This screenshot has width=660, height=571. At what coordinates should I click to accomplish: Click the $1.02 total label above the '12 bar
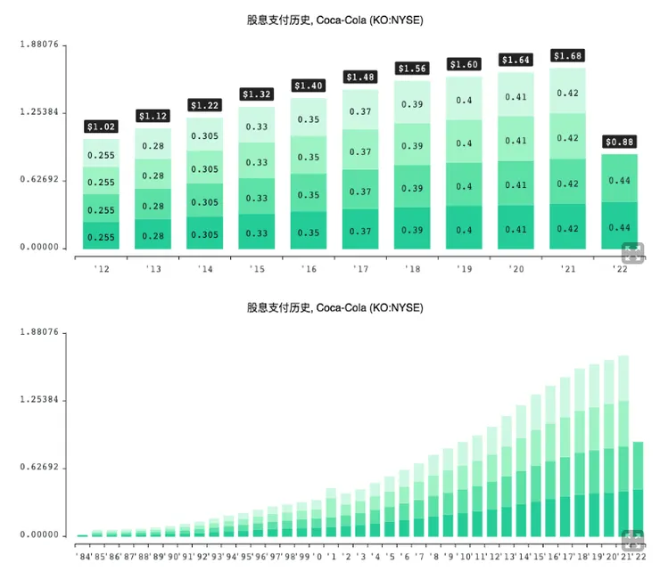click(101, 126)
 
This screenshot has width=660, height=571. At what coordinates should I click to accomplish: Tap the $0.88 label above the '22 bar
click(620, 142)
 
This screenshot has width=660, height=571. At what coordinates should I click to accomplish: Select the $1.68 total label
click(568, 55)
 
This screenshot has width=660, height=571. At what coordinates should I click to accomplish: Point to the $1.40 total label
click(309, 86)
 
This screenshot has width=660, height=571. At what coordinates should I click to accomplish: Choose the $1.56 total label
click(412, 68)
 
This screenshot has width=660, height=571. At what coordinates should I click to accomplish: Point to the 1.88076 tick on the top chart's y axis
click(38, 44)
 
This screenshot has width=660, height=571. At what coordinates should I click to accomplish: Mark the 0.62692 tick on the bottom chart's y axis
click(38, 468)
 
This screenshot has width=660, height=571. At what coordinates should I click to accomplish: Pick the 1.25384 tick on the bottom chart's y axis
click(38, 400)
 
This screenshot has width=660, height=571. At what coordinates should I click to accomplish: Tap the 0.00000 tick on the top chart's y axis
click(38, 248)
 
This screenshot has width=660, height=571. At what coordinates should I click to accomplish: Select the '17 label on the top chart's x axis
click(359, 269)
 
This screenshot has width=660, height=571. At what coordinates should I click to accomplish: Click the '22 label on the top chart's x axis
click(619, 269)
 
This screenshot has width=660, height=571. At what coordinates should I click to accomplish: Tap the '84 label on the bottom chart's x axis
click(82, 556)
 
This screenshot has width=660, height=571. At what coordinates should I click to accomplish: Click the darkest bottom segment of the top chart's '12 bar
click(101, 236)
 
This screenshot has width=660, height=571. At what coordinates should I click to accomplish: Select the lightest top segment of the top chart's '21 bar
click(568, 92)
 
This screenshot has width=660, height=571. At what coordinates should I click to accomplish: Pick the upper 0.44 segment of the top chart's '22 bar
click(620, 179)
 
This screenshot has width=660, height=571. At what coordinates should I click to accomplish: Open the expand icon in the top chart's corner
click(634, 252)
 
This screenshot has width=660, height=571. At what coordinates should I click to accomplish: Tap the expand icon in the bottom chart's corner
click(634, 539)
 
